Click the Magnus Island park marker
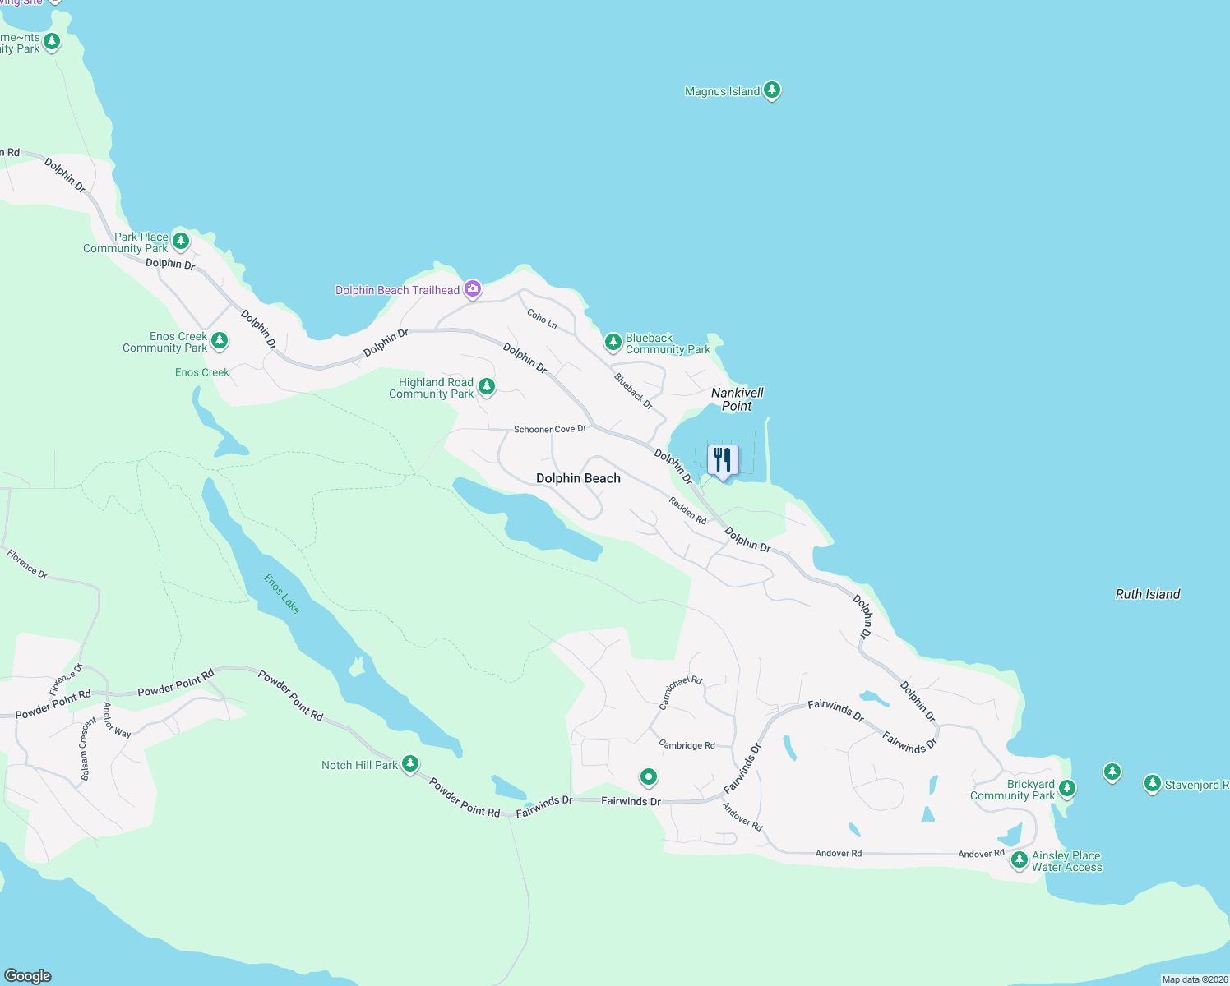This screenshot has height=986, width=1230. click(x=771, y=90)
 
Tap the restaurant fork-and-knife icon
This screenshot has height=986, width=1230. click(x=723, y=460)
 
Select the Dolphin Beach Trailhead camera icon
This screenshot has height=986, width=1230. click(x=472, y=288)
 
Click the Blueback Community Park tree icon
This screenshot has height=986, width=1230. click(x=613, y=342)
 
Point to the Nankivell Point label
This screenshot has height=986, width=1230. click(x=737, y=399)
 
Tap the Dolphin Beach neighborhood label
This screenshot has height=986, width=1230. click(x=578, y=478)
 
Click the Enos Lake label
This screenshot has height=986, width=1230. click(x=281, y=593)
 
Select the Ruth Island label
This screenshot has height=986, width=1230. click(x=1147, y=594)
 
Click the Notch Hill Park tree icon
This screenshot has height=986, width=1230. click(x=409, y=764)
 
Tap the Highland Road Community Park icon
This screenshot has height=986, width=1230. click(x=487, y=386)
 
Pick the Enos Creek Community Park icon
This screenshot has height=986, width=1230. click(x=219, y=340)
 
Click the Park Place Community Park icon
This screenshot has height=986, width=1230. click(x=181, y=241)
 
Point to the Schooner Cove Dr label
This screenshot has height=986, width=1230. click(x=550, y=429)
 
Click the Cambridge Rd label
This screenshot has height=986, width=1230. click(x=687, y=745)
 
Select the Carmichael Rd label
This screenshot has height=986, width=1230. click(x=681, y=693)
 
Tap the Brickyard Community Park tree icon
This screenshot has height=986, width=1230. click(x=1066, y=788)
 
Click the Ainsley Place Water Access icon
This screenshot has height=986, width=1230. click(x=1019, y=859)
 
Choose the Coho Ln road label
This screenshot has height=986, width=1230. click(x=542, y=319)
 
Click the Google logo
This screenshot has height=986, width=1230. click(x=28, y=976)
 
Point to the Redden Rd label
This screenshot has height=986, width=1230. click(x=687, y=510)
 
